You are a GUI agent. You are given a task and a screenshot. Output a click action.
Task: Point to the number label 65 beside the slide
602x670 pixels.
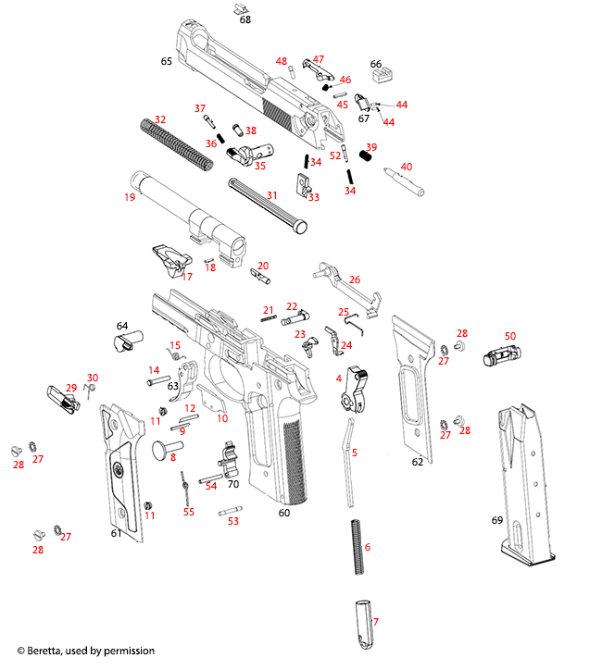[167, 61]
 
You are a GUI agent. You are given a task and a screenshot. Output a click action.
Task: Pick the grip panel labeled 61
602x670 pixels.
[120, 472]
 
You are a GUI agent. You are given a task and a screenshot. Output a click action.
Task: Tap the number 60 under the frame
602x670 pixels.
[283, 512]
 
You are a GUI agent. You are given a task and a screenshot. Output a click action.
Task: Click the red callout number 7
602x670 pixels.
[375, 622]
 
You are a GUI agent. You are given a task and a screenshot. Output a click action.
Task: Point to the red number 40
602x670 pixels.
[406, 167]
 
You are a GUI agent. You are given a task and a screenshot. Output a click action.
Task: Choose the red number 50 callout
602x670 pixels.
[509, 336]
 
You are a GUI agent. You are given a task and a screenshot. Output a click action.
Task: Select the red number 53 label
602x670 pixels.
[232, 521]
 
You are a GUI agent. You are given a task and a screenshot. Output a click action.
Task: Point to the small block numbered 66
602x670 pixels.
[377, 72]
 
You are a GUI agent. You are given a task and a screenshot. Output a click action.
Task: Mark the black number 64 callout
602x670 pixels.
[121, 326]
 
